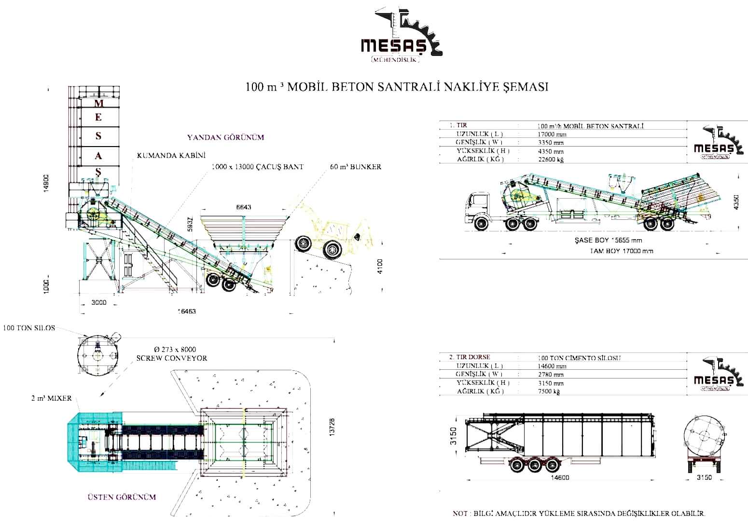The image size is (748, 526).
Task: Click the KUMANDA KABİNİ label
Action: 171,155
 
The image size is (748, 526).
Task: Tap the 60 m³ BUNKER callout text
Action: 356,167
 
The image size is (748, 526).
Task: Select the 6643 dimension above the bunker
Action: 243,207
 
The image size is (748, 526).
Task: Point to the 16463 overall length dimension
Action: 186,311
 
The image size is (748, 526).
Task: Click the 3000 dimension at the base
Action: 98,303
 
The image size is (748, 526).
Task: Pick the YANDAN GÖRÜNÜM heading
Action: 225,137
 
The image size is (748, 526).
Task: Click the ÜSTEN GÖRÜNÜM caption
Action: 122,497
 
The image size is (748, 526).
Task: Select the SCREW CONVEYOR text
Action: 171,358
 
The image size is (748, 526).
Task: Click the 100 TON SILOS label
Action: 29,328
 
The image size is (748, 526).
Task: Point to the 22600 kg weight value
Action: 551,159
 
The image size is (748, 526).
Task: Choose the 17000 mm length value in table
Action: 552,135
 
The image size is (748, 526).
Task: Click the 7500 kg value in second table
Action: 549,391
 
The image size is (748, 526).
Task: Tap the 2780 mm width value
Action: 551,375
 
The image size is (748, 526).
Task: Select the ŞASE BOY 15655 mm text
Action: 608,240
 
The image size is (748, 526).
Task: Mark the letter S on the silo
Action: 98,136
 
